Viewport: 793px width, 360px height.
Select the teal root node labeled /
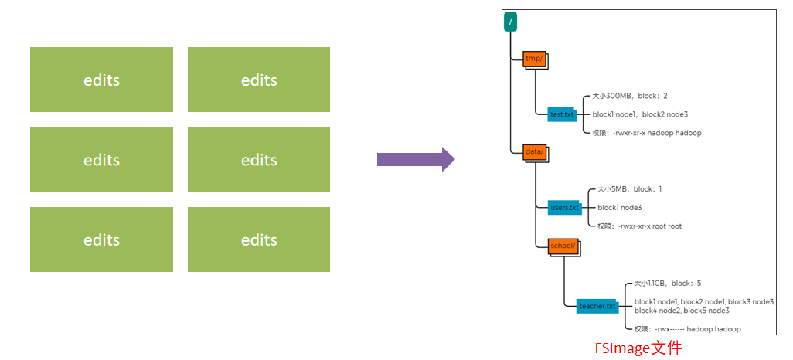coord(510,22)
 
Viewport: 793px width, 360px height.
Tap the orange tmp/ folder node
coord(534,59)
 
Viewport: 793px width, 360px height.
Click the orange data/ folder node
coord(534,152)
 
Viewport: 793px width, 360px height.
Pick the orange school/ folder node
coord(562,246)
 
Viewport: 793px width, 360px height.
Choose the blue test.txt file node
coord(562,114)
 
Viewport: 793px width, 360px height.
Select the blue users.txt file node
coord(564,208)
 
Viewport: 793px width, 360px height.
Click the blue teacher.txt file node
coord(597,306)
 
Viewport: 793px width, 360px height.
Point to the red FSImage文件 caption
coord(638,348)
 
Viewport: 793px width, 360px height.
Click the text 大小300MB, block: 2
coord(630,97)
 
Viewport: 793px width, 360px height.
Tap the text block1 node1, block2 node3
coord(640,114)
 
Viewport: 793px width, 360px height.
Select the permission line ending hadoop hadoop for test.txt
coord(647,133)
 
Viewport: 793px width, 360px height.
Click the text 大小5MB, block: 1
coord(630,189)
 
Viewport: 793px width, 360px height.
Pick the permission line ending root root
coord(639,226)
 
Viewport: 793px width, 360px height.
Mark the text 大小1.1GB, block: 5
coord(668,284)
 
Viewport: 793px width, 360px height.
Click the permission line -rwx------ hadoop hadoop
coord(687,329)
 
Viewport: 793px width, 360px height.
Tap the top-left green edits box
coord(101,80)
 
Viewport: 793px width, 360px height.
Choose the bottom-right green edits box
coord(259,239)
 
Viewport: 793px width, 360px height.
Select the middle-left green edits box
coord(101,159)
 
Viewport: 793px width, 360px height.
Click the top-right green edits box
coord(259,80)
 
